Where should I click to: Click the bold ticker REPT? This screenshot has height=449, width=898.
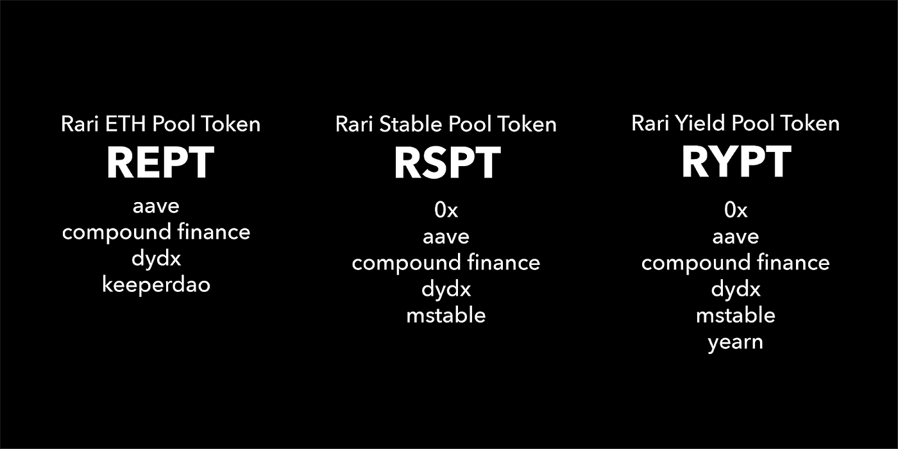click(x=160, y=162)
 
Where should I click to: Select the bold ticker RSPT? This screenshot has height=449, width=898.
click(x=448, y=163)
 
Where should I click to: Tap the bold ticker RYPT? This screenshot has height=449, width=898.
click(x=736, y=162)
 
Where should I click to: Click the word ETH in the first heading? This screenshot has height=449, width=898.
click(x=126, y=123)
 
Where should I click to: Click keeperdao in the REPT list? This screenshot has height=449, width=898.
click(x=157, y=285)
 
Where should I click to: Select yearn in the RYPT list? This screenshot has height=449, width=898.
click(x=735, y=343)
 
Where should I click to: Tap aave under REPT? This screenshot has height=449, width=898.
click(x=156, y=207)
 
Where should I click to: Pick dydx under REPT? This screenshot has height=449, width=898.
click(x=157, y=258)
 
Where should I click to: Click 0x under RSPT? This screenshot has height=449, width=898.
click(x=446, y=210)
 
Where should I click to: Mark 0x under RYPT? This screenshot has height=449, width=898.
click(x=736, y=210)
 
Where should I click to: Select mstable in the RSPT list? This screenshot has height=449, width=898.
click(x=446, y=315)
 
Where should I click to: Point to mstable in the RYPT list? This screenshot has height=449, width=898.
click(x=736, y=315)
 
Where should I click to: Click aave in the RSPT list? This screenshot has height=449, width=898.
click(x=446, y=237)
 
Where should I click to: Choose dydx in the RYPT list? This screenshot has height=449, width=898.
click(x=736, y=289)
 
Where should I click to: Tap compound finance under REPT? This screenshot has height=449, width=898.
click(x=157, y=232)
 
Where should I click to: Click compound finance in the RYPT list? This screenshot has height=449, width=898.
click(x=736, y=262)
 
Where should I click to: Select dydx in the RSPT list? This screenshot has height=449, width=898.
click(x=446, y=289)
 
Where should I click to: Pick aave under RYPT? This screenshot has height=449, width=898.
click(x=736, y=237)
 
